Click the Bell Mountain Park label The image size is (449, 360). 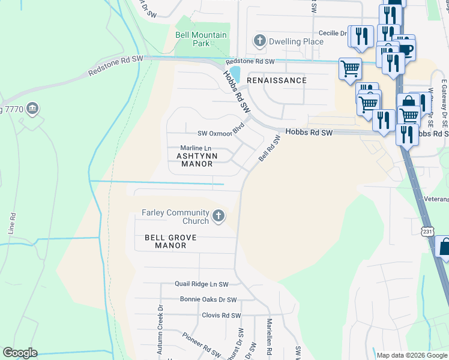[201, 39]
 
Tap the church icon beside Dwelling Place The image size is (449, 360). [259, 41]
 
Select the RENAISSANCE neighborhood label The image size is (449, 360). [277, 80]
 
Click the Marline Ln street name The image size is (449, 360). [196, 148]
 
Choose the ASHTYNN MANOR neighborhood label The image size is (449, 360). [194, 160]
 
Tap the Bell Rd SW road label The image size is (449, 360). [270, 148]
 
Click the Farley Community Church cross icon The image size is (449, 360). [219, 215]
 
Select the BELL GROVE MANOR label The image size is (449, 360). [170, 241]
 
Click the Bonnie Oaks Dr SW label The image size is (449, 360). [208, 299]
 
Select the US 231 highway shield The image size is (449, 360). [427, 232]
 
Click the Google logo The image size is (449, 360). [20, 353]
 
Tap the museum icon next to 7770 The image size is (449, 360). [33, 109]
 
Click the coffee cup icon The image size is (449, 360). [406, 49]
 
